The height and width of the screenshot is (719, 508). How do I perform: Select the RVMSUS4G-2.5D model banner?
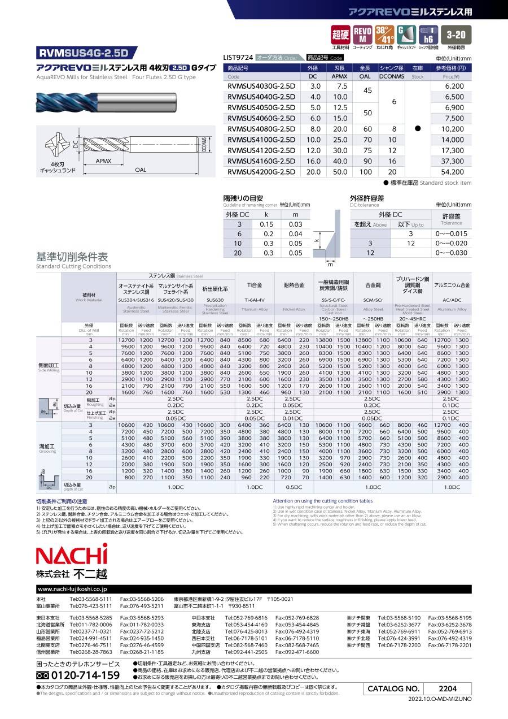point(84,54)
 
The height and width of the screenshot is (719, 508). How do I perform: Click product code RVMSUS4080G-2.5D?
point(261,129)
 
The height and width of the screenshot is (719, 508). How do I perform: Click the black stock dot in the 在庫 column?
point(418,129)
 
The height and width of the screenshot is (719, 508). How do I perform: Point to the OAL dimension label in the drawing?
point(141,170)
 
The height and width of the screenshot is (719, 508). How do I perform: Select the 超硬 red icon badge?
point(340,34)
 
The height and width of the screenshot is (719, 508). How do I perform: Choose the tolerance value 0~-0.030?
point(451,253)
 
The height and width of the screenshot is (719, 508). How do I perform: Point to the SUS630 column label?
point(215,300)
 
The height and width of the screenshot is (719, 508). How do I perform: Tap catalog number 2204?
point(448,688)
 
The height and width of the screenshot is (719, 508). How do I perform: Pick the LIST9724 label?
point(238,58)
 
